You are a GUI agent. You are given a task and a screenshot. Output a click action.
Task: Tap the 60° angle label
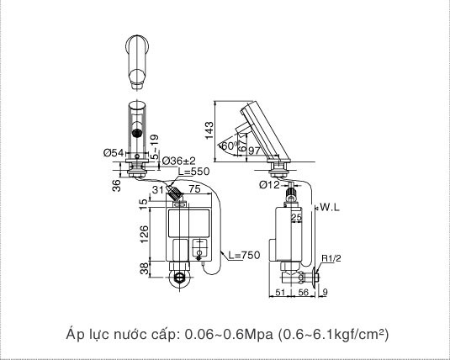tap(228, 146)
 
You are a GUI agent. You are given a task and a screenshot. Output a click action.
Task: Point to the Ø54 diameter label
tap(114, 152)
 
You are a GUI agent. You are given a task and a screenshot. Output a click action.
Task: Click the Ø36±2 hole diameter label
tap(178, 160)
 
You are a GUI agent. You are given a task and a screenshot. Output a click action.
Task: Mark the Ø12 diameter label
tap(269, 184)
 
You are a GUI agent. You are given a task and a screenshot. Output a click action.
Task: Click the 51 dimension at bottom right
tap(280, 293)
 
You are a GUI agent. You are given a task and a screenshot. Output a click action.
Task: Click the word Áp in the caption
tap(75, 335)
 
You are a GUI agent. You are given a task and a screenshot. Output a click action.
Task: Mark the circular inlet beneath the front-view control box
tap(177, 278)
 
